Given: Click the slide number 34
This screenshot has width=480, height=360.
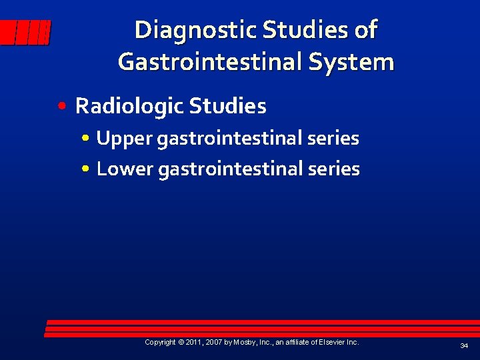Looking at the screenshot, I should coord(464,345).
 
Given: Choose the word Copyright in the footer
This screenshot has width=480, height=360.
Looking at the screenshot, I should coord(160,342).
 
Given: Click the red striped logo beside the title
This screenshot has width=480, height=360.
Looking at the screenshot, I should coord(25,32).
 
